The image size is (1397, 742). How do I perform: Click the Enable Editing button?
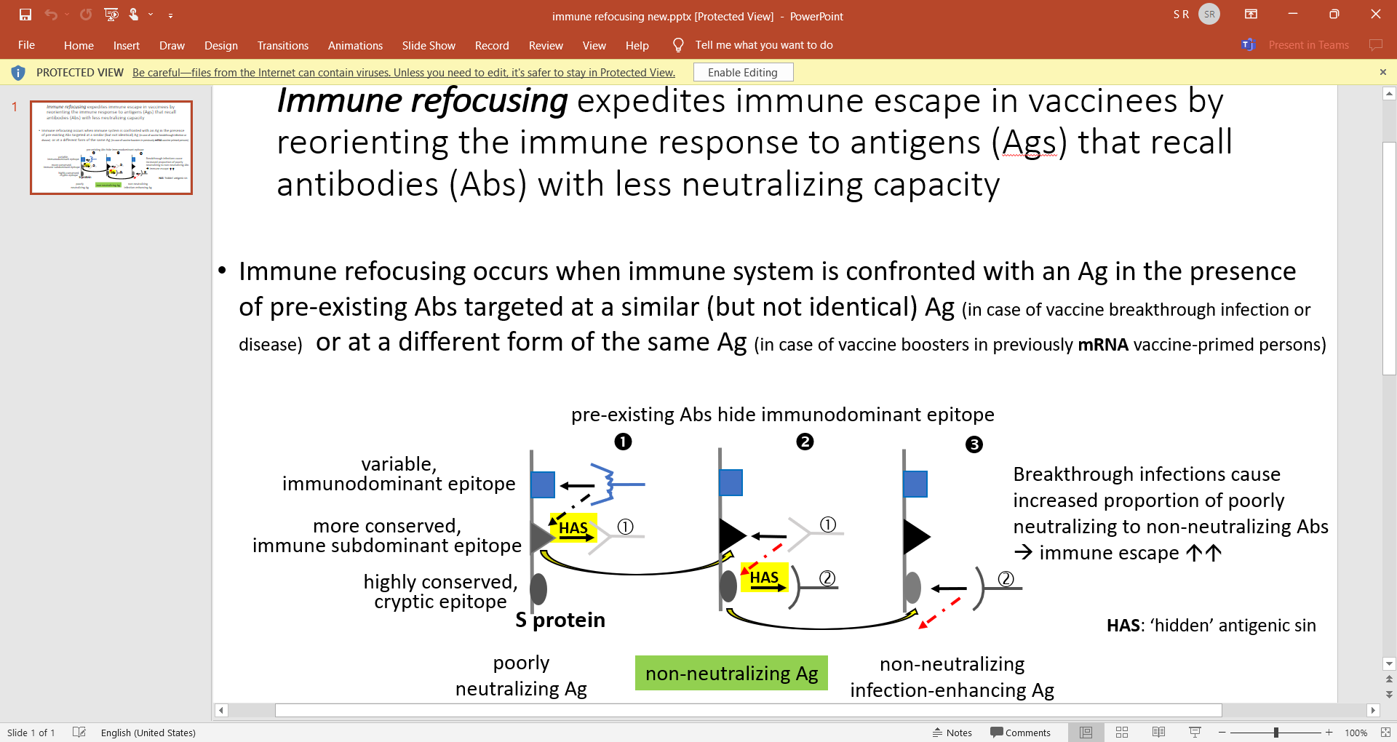[x=743, y=73]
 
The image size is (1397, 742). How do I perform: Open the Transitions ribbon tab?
[x=282, y=45]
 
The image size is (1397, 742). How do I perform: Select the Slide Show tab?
[x=429, y=45]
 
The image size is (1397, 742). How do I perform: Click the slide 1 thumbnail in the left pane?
[x=111, y=148]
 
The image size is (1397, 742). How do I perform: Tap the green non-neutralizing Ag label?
[x=731, y=674]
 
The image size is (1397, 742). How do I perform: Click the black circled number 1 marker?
[x=623, y=442]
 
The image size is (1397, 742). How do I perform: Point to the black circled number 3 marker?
[x=974, y=444]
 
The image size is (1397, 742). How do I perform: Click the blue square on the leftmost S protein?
[x=543, y=484]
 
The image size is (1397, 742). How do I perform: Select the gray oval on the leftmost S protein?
[x=538, y=589]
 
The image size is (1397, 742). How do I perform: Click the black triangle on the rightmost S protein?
[x=915, y=538]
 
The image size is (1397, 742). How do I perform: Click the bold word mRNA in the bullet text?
[x=1103, y=345]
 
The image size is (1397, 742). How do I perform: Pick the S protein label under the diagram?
[x=560, y=620]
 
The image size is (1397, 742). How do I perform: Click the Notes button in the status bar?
[x=952, y=733]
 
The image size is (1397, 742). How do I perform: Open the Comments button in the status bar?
[x=1020, y=733]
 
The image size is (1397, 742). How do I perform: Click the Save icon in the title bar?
[x=25, y=15]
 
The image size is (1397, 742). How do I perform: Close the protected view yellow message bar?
[x=1383, y=72]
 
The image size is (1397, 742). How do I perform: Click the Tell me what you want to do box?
[x=763, y=45]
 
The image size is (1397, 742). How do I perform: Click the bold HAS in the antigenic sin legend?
[x=1123, y=626]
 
